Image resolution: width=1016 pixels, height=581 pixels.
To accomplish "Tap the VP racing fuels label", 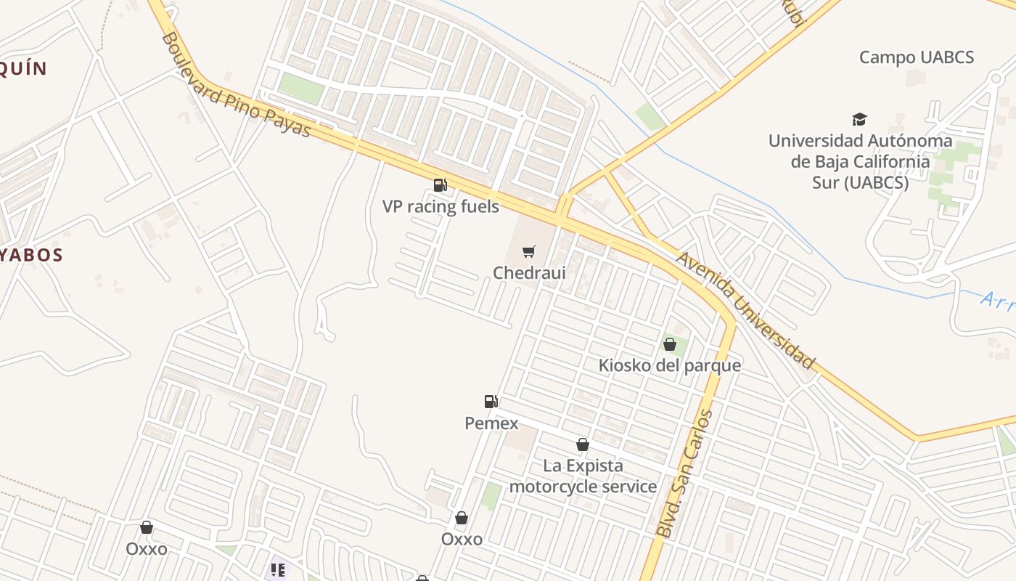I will [441, 207].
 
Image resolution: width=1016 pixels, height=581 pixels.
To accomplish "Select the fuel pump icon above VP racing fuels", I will [440, 185].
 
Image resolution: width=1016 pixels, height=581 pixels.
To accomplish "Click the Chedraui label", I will [529, 273].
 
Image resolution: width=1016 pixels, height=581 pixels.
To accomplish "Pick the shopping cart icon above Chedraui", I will [529, 252].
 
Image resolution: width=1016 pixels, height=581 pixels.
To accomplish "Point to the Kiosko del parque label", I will [669, 365].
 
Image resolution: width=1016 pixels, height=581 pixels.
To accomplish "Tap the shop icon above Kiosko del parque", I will [669, 344].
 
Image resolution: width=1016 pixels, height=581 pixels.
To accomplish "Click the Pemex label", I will [491, 423].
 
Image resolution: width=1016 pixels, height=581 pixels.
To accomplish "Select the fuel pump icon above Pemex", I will [491, 402].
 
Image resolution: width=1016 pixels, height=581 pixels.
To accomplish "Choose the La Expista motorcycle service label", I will [583, 476].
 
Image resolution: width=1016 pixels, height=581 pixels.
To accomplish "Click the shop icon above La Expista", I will [582, 444].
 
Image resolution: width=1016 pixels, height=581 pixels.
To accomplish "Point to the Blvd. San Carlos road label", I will [684, 475].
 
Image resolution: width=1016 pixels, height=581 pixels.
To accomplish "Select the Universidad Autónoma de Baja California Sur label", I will [860, 161].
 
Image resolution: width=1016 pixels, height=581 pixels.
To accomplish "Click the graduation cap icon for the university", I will [859, 120].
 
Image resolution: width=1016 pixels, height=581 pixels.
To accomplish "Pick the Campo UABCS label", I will [916, 57].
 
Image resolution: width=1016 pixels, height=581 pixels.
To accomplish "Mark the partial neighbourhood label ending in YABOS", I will [32, 255].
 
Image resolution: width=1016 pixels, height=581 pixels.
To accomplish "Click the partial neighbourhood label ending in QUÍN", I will [23, 69].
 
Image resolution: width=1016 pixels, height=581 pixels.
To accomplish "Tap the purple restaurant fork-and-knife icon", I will [277, 570].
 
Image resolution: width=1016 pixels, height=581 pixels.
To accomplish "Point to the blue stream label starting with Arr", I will [997, 300].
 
